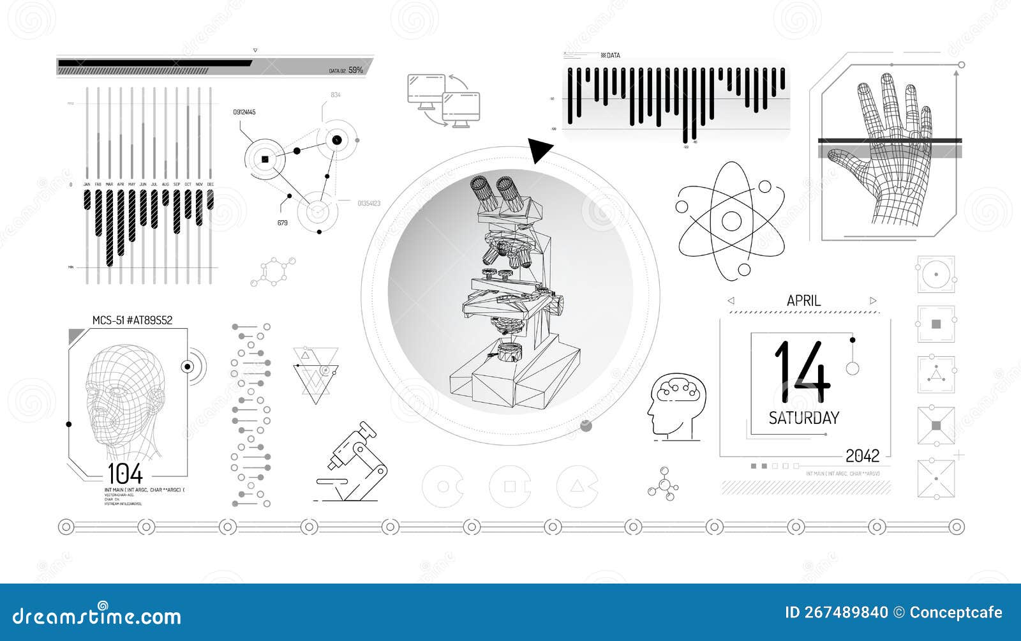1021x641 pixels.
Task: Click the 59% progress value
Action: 355,70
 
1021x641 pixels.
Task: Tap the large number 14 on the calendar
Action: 802,372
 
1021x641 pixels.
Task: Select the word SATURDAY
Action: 803,418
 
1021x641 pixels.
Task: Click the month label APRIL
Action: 803,301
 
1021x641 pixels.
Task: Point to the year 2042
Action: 862,456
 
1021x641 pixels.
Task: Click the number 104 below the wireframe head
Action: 125,474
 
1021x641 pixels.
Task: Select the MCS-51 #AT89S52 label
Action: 132,320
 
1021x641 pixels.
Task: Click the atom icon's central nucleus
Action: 731,221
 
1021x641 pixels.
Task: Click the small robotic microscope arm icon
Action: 353,462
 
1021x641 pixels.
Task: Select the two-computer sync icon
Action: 443,100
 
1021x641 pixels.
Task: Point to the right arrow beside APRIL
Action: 873,301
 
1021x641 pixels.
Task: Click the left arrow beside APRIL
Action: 731,301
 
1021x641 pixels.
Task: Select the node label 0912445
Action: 244,112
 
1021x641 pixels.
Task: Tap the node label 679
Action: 282,223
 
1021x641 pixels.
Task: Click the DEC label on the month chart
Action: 211,185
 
